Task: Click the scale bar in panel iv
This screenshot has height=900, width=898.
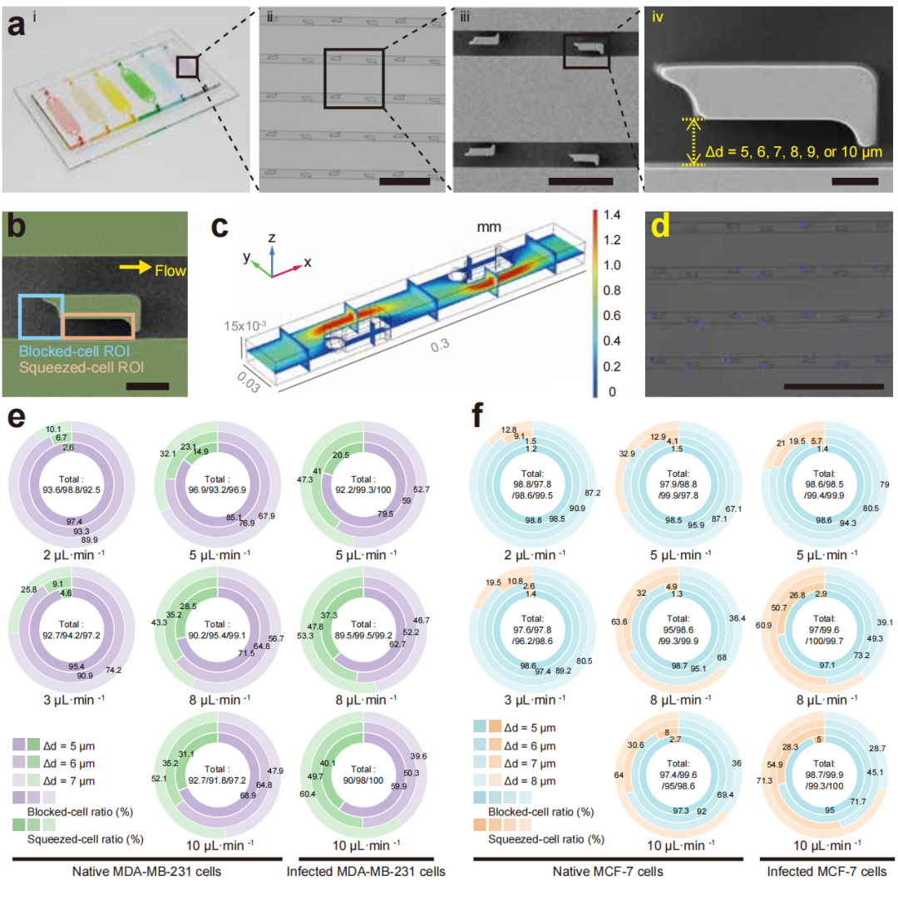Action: coord(853,180)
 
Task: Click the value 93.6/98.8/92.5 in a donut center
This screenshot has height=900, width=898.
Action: coord(71,486)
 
